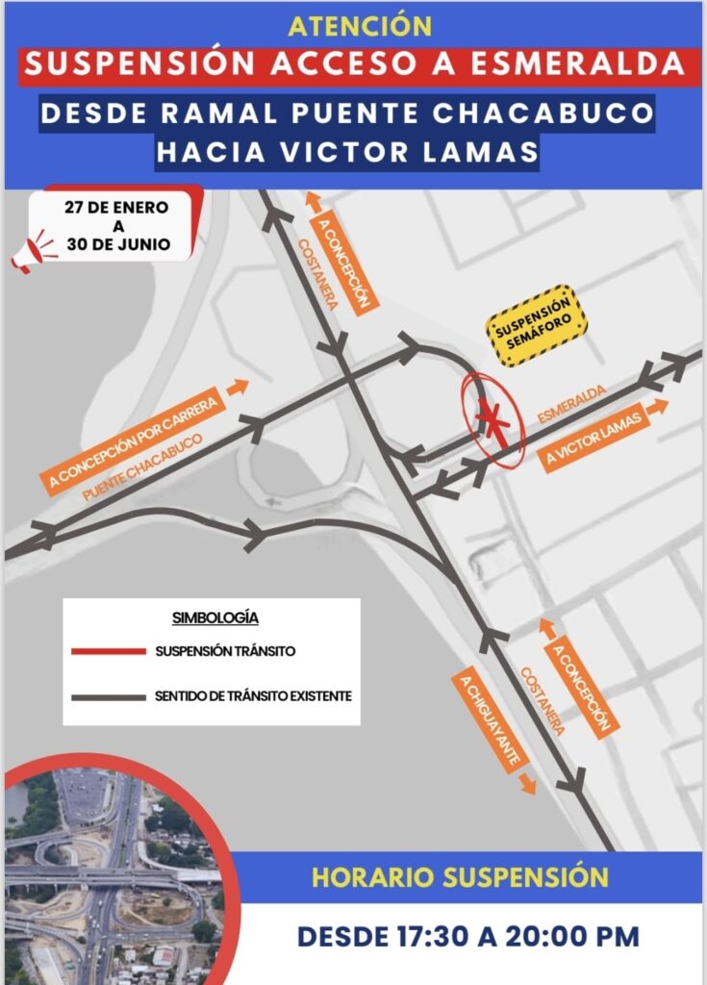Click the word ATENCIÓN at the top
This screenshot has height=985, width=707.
coord(353,26)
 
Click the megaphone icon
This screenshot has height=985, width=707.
coord(35,251)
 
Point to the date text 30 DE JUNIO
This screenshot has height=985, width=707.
coord(118,244)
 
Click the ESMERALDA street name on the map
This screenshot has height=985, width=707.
coord(571,404)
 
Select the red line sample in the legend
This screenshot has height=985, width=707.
coord(107,651)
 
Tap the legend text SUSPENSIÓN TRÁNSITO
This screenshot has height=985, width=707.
coord(225,651)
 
